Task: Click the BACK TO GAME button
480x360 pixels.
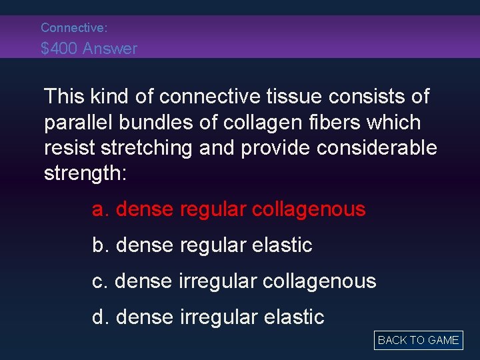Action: pyautogui.click(x=418, y=340)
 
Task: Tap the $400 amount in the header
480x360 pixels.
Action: pyautogui.click(x=59, y=49)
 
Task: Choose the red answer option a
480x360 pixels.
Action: pyautogui.click(x=229, y=209)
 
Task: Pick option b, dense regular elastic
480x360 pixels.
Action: pyautogui.click(x=202, y=245)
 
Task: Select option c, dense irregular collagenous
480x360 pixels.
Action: pyautogui.click(x=234, y=281)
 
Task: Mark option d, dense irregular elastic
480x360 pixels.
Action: pyautogui.click(x=208, y=317)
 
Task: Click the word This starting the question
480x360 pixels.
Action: pyautogui.click(x=65, y=97)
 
